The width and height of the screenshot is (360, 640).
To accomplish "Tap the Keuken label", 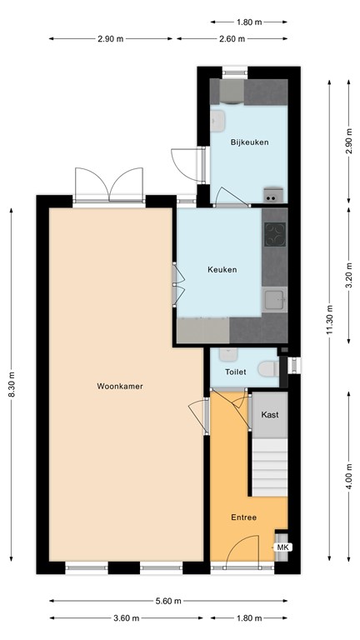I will [x=222, y=269].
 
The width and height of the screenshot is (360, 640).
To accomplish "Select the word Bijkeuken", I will [x=249, y=142].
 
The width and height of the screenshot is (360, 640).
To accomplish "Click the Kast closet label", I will [x=269, y=414].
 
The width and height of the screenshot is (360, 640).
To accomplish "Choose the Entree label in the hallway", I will [x=243, y=517].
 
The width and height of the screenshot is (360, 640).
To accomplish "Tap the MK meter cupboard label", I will [x=282, y=547].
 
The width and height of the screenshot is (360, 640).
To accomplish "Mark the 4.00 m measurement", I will [x=349, y=480].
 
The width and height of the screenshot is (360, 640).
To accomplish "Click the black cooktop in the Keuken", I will [x=275, y=236].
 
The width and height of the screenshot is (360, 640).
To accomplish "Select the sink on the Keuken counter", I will [x=274, y=298].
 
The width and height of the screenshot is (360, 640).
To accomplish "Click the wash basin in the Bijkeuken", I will [x=219, y=122].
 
